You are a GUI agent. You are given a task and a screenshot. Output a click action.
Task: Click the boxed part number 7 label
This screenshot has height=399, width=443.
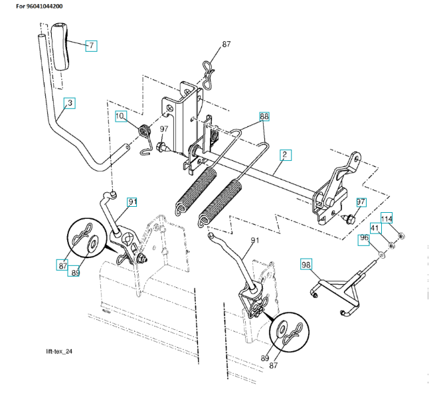click(x=91, y=46)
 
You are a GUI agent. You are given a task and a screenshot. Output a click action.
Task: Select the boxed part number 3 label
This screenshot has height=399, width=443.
click(x=69, y=103)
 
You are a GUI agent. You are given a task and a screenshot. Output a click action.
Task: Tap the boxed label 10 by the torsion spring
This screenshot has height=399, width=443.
click(x=120, y=116)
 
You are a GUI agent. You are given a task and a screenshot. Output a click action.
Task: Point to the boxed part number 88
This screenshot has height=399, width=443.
click(x=264, y=116)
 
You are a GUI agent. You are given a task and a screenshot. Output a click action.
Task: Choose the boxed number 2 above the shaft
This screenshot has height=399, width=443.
click(x=284, y=156)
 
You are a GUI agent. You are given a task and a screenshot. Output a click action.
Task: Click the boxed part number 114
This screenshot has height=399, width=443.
click(x=387, y=217)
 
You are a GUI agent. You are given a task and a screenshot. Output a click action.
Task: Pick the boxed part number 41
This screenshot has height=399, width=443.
click(x=375, y=229)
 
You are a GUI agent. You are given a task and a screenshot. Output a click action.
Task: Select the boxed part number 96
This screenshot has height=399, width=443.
click(x=365, y=238)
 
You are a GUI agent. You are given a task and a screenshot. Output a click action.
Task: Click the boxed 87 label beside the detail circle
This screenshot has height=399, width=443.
click(x=62, y=265)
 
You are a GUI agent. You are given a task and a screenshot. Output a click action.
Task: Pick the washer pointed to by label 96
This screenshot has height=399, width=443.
click(x=381, y=255)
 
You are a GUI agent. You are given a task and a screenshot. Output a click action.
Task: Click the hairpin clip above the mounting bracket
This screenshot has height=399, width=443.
click(x=209, y=68)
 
